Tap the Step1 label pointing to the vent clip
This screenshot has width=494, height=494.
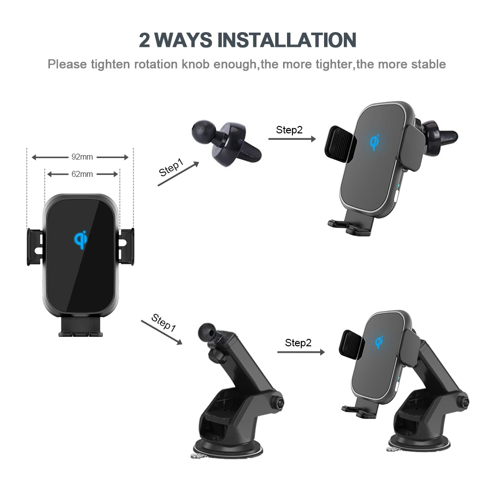pyautogui.click(x=170, y=168)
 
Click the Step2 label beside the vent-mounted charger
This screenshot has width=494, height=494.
pyautogui.click(x=289, y=130)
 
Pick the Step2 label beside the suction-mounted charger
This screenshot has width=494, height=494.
pyautogui.click(x=298, y=343)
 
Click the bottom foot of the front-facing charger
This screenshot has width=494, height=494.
pyautogui.click(x=81, y=328)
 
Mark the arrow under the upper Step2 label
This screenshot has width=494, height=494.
pyautogui.click(x=291, y=139)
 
